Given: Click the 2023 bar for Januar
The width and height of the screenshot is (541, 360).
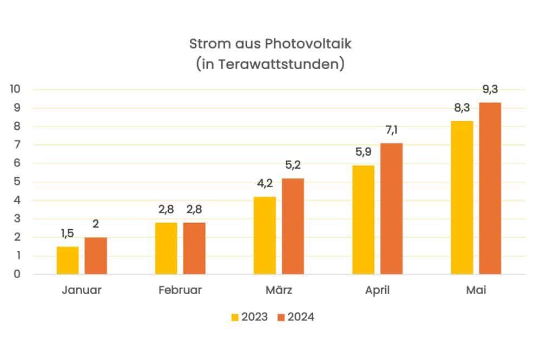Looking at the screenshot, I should [x=68, y=261].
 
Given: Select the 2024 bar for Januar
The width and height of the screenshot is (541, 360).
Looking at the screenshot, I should [x=96, y=256].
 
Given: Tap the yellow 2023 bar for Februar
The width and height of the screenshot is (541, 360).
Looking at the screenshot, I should [x=166, y=249].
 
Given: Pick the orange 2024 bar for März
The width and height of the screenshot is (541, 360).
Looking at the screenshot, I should [x=293, y=226].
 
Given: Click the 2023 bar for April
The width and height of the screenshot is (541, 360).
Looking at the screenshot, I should [x=363, y=220].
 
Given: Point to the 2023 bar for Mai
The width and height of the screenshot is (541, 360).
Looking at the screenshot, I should [x=461, y=198].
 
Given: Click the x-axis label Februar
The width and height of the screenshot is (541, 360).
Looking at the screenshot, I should [x=180, y=290].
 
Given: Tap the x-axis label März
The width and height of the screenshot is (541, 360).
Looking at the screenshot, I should [x=279, y=290].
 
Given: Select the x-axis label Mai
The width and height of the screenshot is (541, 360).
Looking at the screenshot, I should [x=476, y=290].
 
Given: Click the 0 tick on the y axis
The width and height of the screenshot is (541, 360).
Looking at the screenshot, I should [x=17, y=275].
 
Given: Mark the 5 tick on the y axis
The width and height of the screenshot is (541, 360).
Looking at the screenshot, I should [x=17, y=182].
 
